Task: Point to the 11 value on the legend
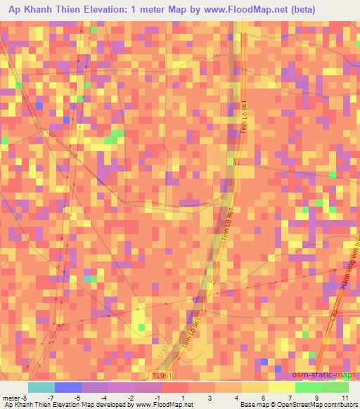point(345,398)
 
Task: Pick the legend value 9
point(318,398)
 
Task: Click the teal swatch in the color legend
point(41,387)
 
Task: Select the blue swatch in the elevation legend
point(67,387)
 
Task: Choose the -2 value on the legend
point(131,398)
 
